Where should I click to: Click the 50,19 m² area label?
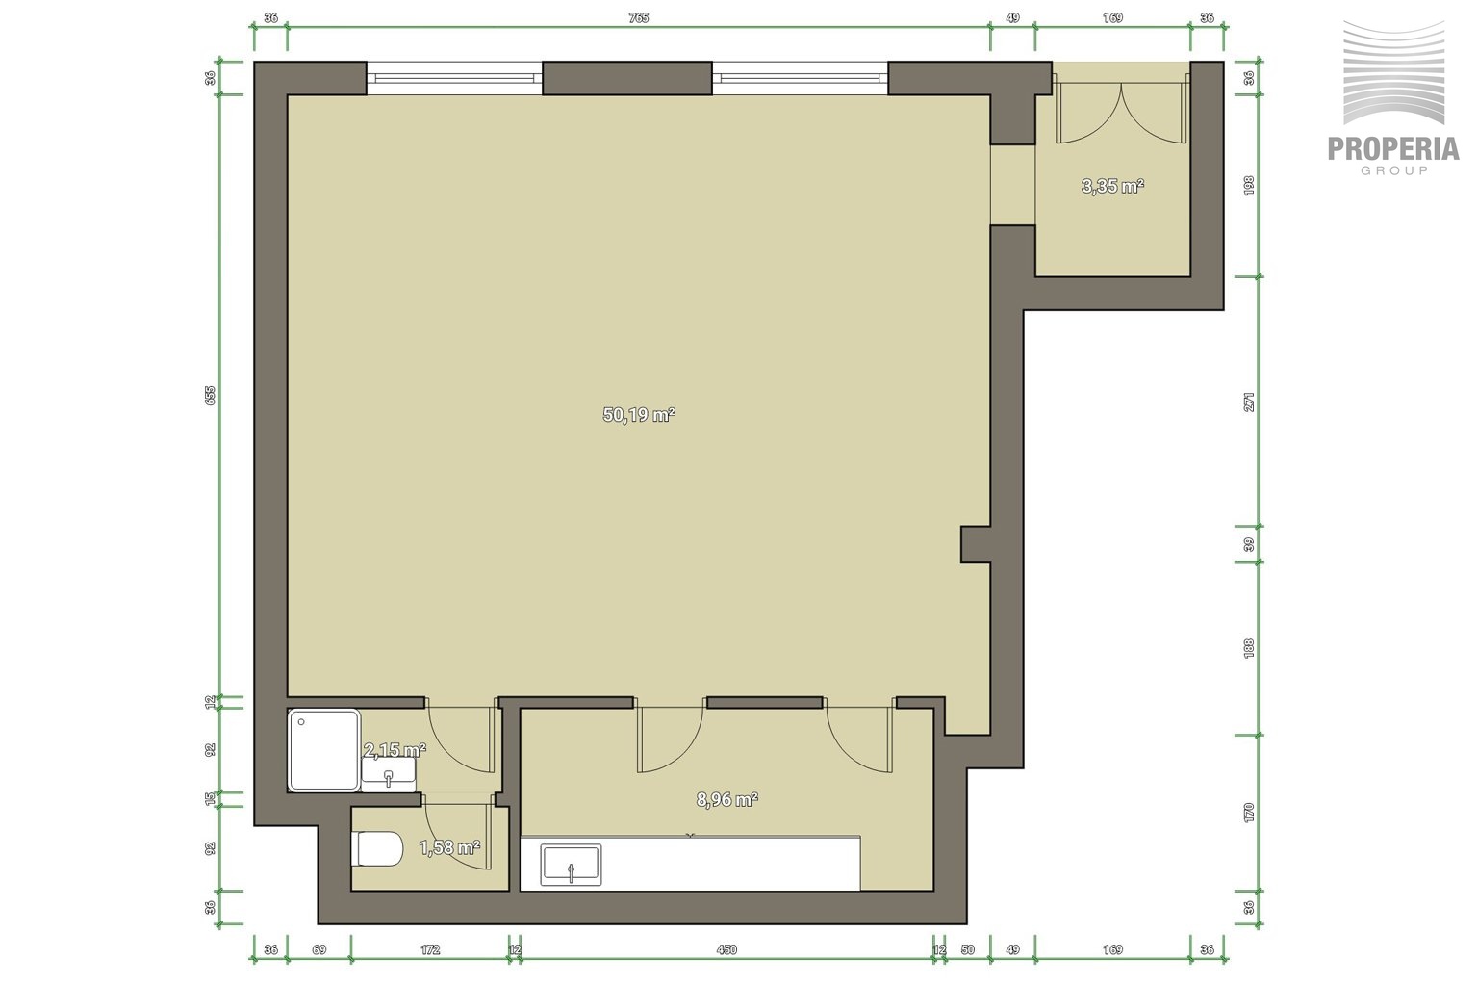[639, 415]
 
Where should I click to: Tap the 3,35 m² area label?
[1112, 186]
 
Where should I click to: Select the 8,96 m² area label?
[727, 800]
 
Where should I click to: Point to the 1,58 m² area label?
[449, 847]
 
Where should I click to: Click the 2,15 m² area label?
[395, 749]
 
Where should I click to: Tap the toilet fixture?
[377, 848]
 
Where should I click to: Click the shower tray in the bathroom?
[324, 749]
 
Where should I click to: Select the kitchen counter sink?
[571, 865]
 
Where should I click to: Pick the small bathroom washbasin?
[389, 774]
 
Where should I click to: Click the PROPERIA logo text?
[1393, 149]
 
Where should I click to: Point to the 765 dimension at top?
[639, 18]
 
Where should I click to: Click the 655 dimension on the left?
[210, 395]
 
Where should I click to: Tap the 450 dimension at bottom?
[726, 949]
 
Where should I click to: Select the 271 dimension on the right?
[1248, 402]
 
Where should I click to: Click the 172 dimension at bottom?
[429, 949]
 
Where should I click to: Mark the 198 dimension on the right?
[1248, 186]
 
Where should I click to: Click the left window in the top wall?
[454, 78]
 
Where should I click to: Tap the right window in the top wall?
[800, 78]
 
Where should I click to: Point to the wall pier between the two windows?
[627, 78]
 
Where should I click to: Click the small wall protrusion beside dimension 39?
[975, 544]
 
